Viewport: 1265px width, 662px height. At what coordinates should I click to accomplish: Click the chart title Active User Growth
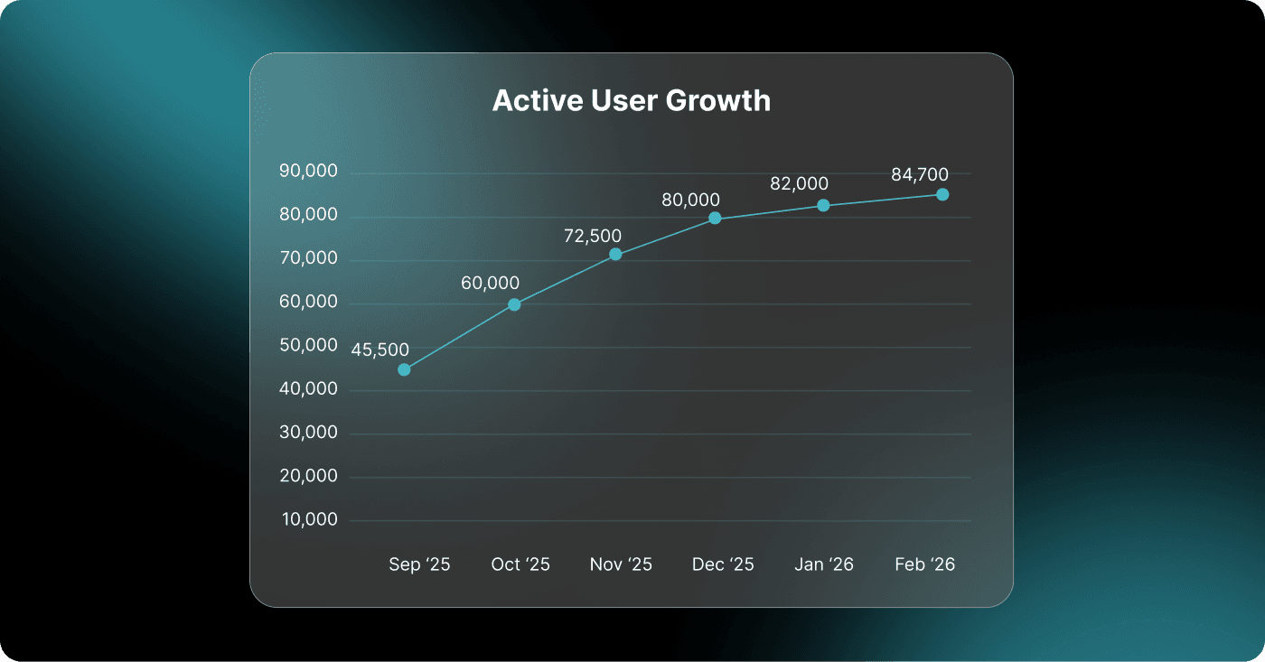pos(632,100)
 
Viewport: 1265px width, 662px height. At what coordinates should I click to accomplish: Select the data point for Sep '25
pos(404,369)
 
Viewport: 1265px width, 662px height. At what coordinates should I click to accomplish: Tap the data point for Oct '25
pos(514,304)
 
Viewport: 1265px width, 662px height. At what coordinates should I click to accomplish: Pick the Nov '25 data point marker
pos(615,255)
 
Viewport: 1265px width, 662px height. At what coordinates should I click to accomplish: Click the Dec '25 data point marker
pos(715,218)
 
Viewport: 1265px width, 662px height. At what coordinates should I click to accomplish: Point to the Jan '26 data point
pos(823,205)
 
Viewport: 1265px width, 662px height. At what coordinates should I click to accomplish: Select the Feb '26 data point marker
pos(942,194)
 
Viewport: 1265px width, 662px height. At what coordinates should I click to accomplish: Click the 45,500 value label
pos(379,350)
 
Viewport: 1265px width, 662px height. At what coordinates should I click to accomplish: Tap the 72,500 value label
pos(592,237)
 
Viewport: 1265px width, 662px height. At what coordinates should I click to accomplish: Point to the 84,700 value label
pos(920,175)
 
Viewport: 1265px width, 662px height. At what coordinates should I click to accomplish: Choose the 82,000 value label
pos(799,183)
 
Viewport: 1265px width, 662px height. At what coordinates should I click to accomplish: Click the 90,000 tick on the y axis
pos(307,172)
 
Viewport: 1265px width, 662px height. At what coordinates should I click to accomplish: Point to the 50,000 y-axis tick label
pos(307,346)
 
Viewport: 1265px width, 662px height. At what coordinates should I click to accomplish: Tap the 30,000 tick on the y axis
pos(307,433)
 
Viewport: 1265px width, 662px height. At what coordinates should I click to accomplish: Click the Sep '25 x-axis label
pos(419,564)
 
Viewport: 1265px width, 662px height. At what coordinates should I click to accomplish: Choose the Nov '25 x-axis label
pos(621,564)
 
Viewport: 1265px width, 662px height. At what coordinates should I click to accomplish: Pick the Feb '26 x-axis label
pos(924,564)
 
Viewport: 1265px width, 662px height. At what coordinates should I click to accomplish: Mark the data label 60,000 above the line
pos(490,284)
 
